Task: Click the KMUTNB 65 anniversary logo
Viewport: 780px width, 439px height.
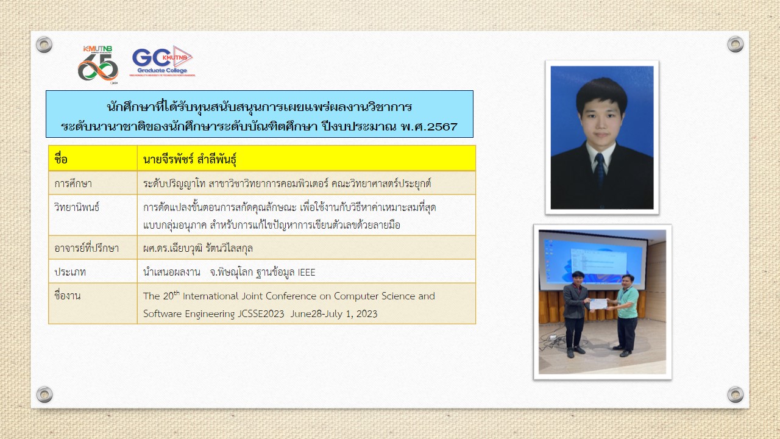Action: (x=98, y=65)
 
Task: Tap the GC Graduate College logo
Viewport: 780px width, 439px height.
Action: (x=162, y=61)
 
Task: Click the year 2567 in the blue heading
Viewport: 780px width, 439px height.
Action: (x=442, y=127)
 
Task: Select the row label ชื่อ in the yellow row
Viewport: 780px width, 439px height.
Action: (x=60, y=159)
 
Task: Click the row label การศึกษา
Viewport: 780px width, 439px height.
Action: (x=73, y=184)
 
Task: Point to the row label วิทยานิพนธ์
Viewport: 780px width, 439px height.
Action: (x=77, y=207)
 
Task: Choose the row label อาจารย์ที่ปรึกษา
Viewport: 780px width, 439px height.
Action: (x=87, y=248)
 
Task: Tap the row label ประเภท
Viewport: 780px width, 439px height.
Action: (x=70, y=272)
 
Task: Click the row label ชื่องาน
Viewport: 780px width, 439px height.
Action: (x=67, y=296)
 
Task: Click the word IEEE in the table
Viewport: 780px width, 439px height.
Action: (x=307, y=272)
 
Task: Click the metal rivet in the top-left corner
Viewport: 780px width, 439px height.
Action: (x=44, y=45)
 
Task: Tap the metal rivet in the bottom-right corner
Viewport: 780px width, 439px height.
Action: (x=736, y=394)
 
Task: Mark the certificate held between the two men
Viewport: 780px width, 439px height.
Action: (x=598, y=304)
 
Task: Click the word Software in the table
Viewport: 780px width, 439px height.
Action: (x=162, y=313)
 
